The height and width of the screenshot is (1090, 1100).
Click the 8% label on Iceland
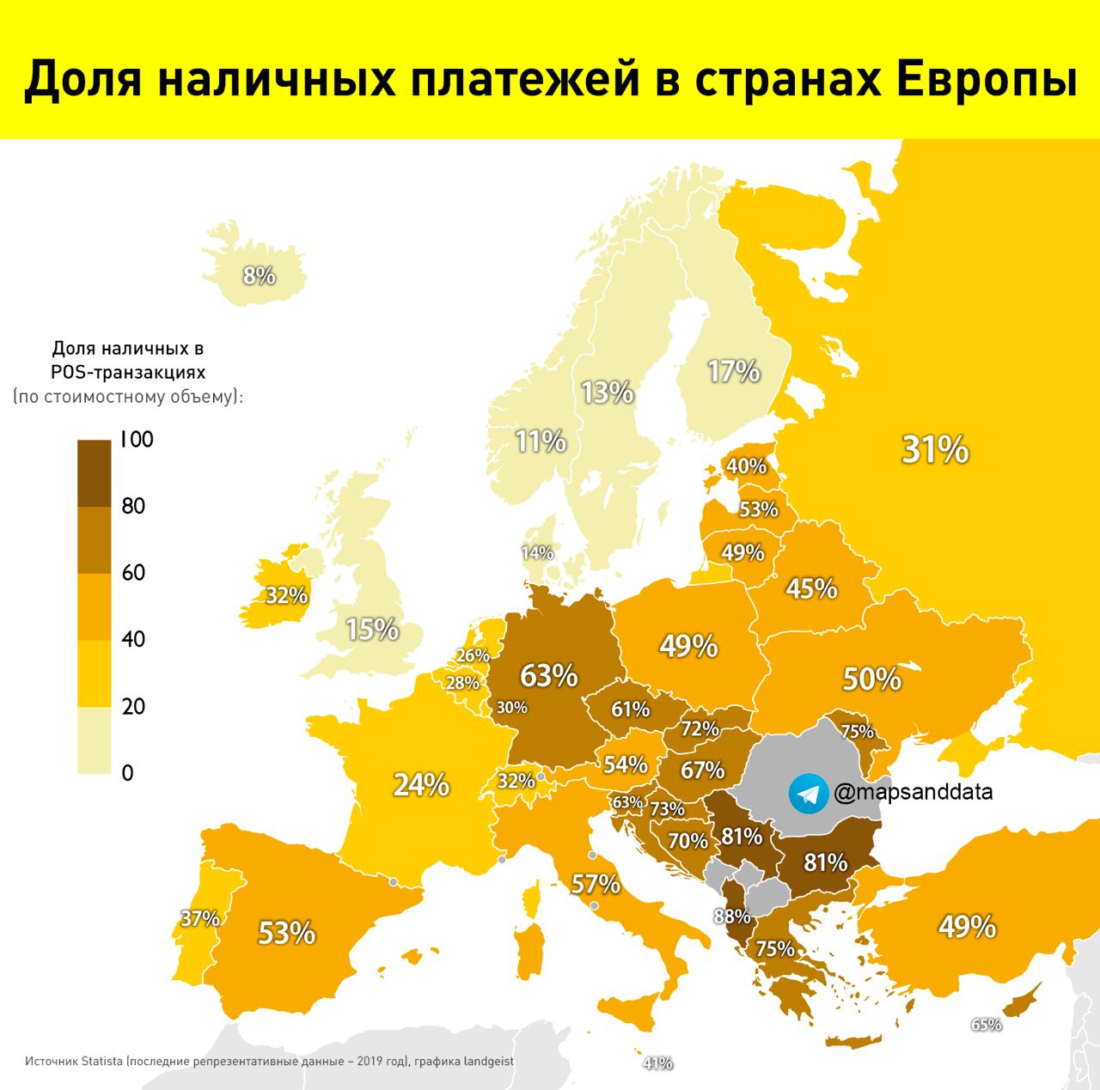coord(259,276)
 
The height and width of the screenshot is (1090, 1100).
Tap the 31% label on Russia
coord(935,449)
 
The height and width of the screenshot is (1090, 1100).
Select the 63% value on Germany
coord(549,676)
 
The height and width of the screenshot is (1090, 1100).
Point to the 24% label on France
coord(421,785)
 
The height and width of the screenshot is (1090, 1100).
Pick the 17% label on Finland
coord(734,371)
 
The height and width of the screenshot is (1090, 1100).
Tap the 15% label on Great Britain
coord(372,630)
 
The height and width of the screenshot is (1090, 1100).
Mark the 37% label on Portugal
coord(200,918)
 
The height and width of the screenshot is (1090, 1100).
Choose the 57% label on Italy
coord(596,883)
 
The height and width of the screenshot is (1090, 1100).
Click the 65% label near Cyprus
coord(986,1025)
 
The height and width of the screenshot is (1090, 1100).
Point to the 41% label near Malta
coord(657,1063)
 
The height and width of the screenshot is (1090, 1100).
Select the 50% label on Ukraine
coord(871,679)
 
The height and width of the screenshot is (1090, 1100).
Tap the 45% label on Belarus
coord(811,588)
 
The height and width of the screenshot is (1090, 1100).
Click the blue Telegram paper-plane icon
coord(809,793)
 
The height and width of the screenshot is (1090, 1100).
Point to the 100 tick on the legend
coord(137,440)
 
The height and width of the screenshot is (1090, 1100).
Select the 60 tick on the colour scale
coord(134,573)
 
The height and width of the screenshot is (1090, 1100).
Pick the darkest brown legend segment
coord(94,473)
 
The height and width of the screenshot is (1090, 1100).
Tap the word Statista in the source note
coord(102,1062)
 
